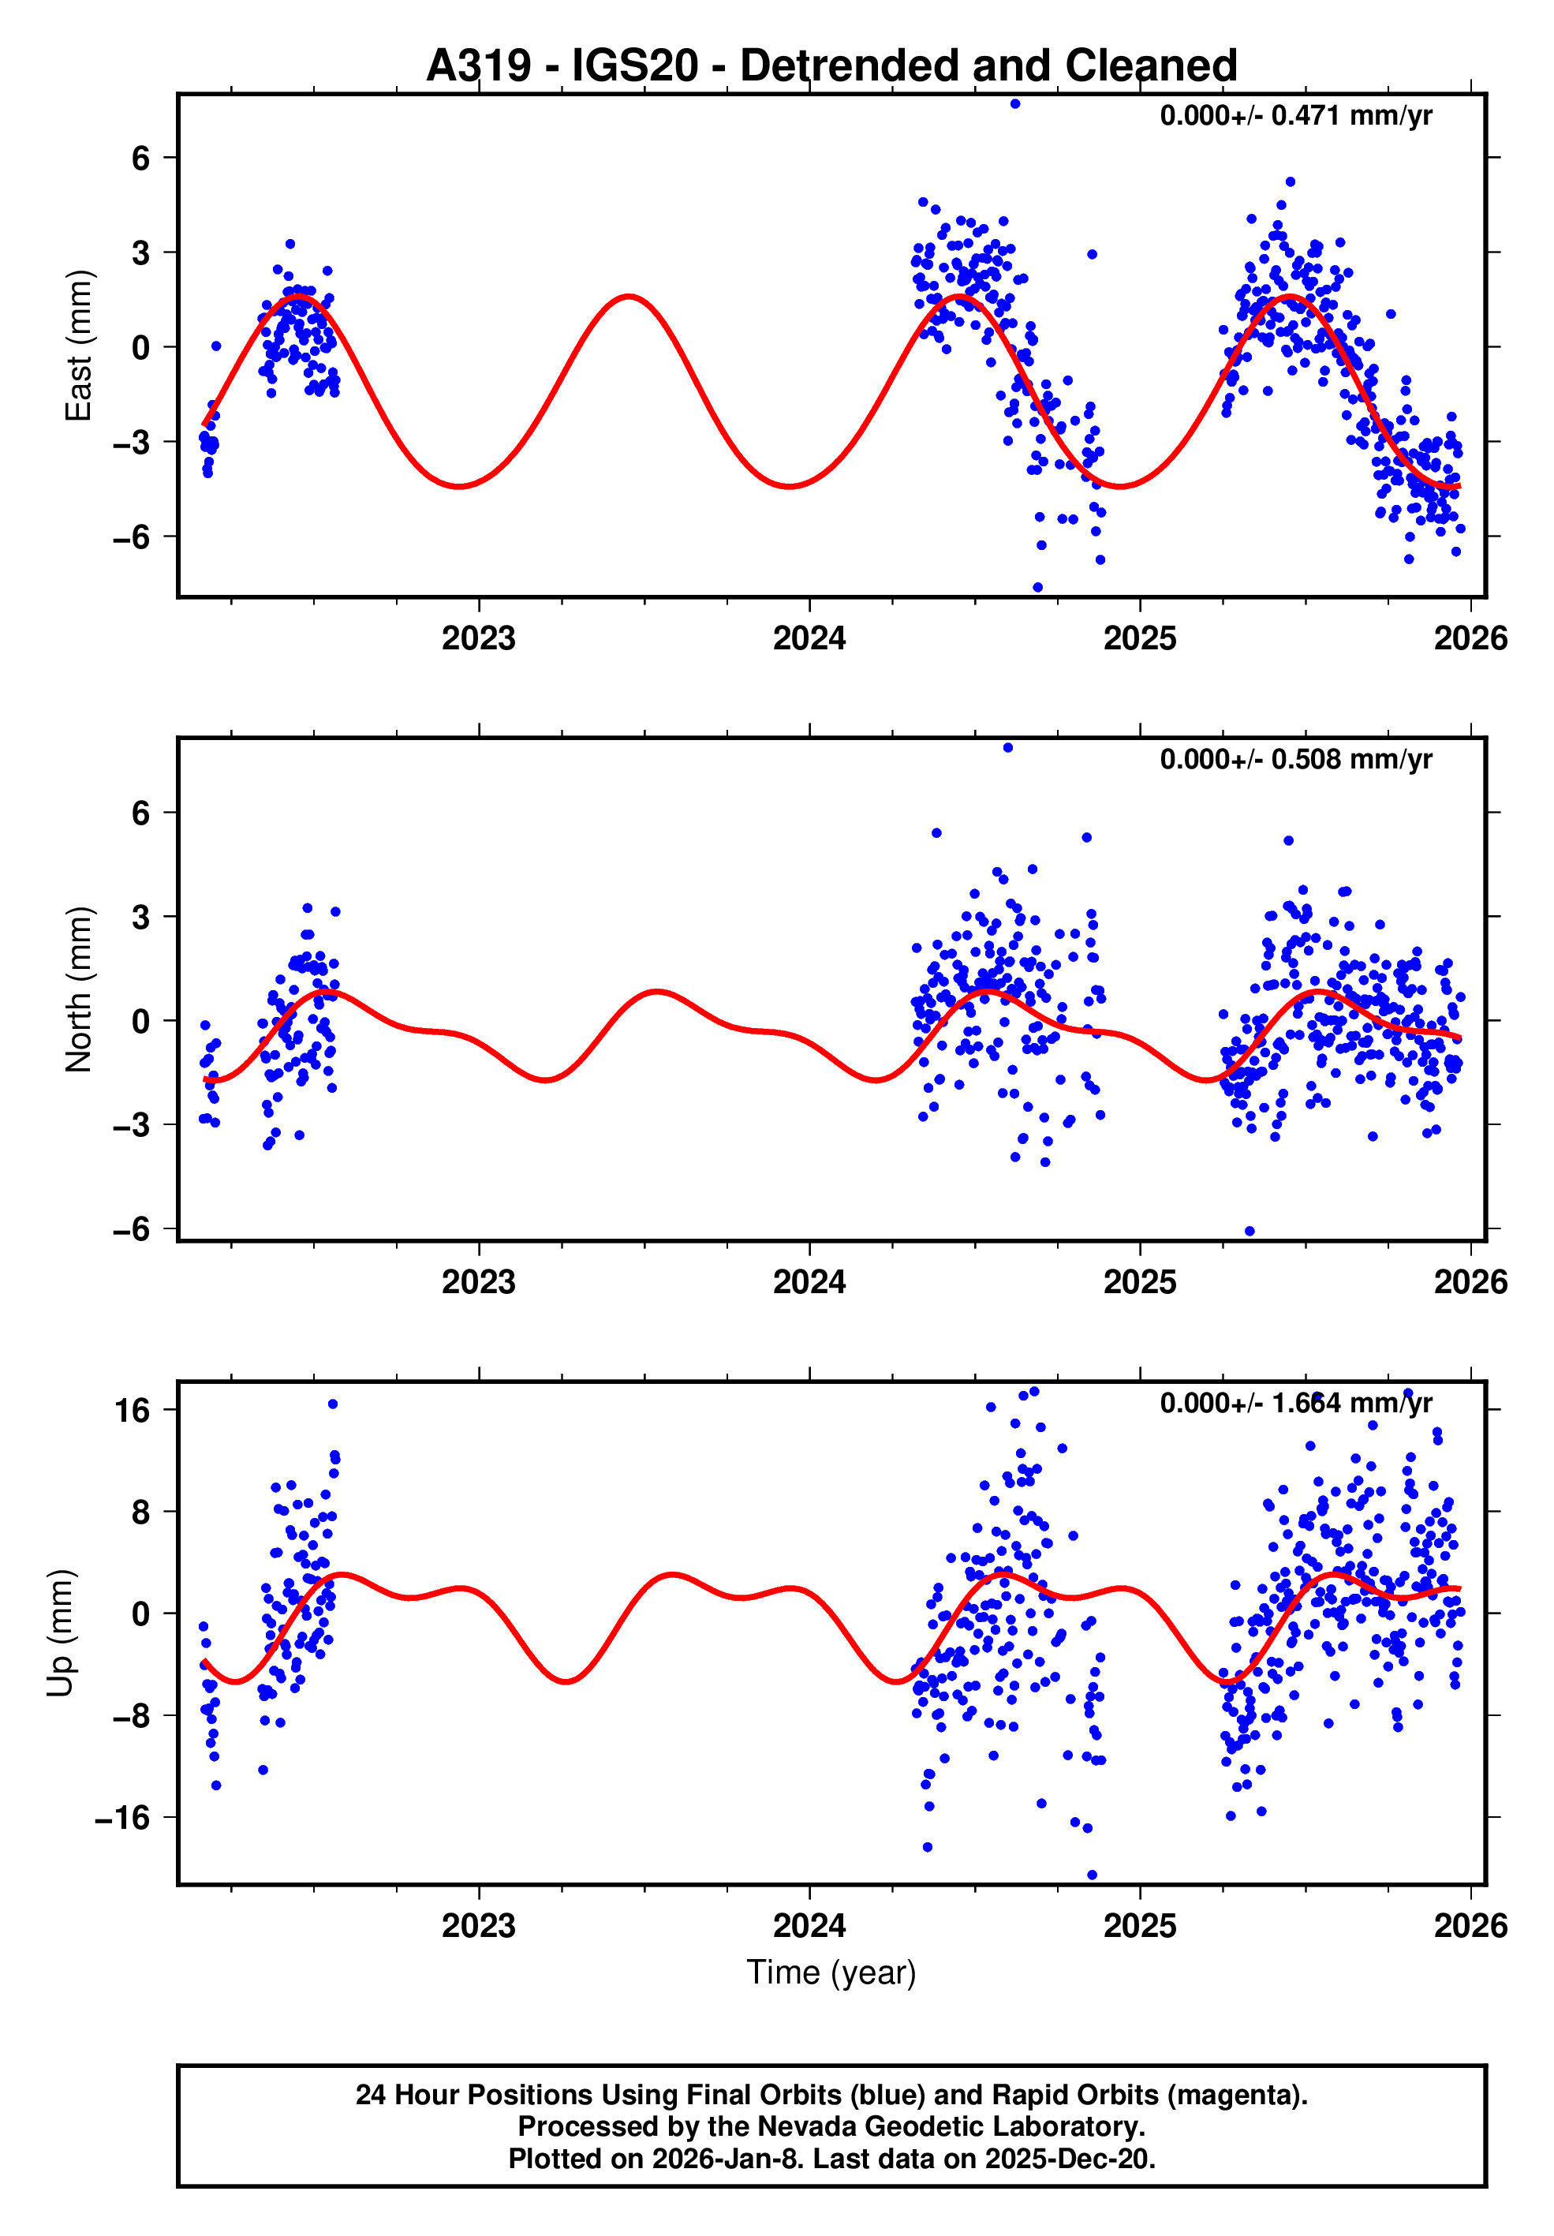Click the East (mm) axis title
78,346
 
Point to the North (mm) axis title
78,989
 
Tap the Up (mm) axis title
61,1633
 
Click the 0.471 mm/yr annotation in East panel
1295,116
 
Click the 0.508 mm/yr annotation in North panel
1295,760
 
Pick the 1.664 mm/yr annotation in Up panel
1295,1404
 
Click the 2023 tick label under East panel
478,639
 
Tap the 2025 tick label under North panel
1139,1283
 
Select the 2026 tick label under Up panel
1470,1926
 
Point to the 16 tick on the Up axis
132,1410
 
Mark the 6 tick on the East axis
140,158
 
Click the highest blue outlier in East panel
1014,104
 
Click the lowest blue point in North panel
1250,1232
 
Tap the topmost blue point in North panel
1008,748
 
